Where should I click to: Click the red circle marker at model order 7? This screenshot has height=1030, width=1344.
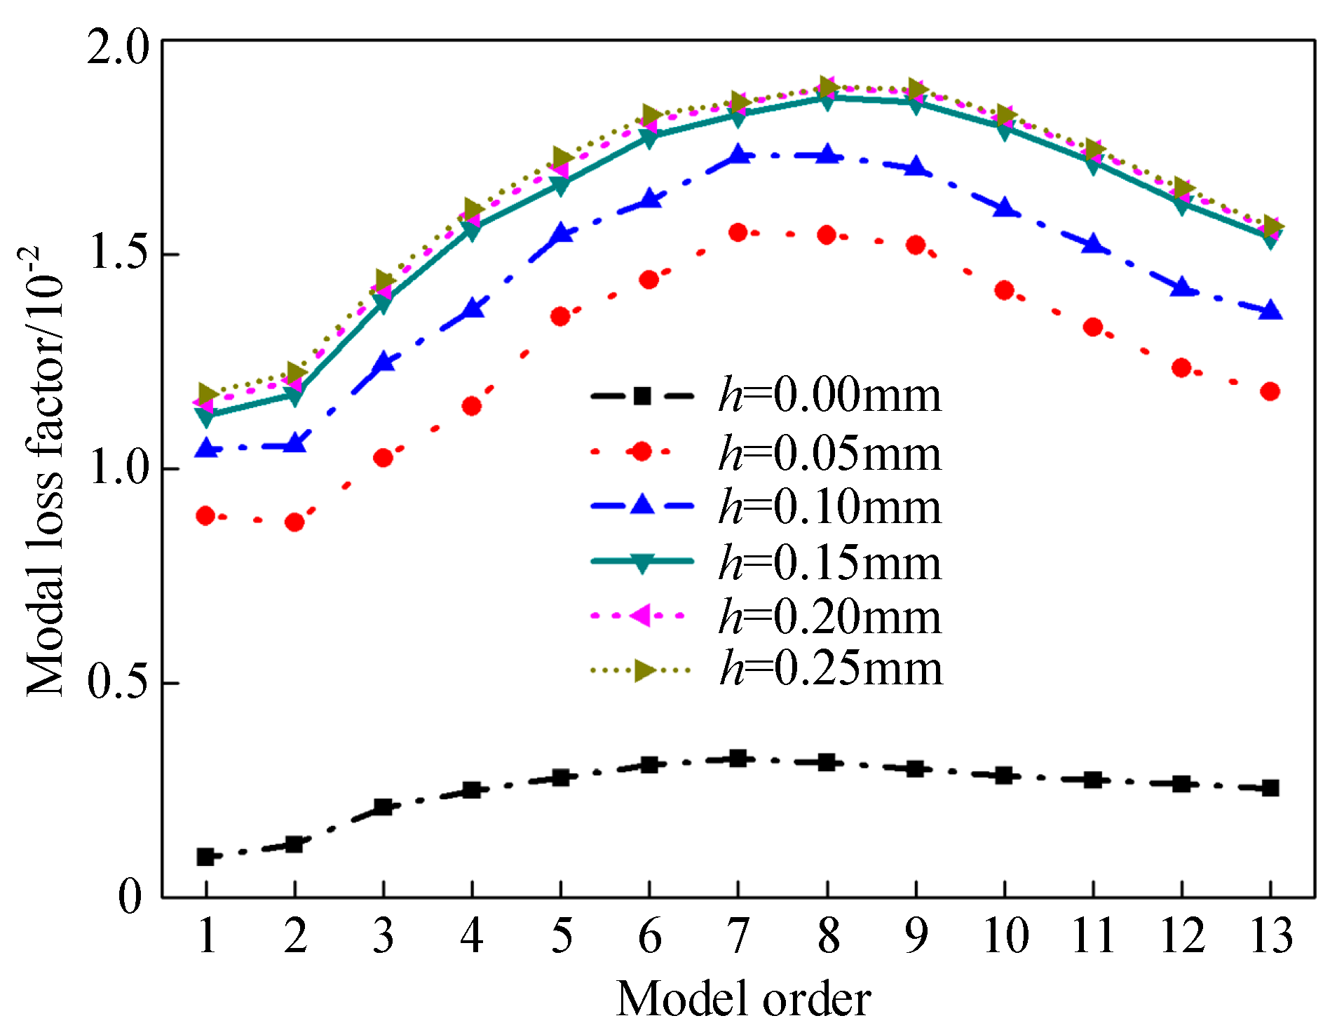click(x=738, y=232)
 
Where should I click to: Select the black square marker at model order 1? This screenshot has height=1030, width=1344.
click(x=205, y=856)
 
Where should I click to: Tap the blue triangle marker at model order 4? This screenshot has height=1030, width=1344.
click(x=473, y=309)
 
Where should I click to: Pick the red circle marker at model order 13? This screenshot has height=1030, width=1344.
click(x=1270, y=391)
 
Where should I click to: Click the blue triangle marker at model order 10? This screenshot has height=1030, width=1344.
click(x=1005, y=208)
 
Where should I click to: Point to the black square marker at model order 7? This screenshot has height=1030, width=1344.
click(x=738, y=758)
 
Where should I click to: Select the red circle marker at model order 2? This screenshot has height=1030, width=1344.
click(x=294, y=522)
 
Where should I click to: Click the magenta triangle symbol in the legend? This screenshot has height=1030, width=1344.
click(x=641, y=615)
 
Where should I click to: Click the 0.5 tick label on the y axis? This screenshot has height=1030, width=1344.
click(x=118, y=682)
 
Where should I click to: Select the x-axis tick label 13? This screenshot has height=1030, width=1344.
click(x=1270, y=935)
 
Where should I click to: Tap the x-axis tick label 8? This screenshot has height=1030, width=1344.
click(x=828, y=935)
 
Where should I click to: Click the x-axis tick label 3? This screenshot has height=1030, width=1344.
click(x=383, y=935)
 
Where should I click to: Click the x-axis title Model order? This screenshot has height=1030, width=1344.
click(x=743, y=998)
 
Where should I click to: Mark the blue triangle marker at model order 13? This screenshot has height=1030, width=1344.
click(x=1270, y=311)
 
